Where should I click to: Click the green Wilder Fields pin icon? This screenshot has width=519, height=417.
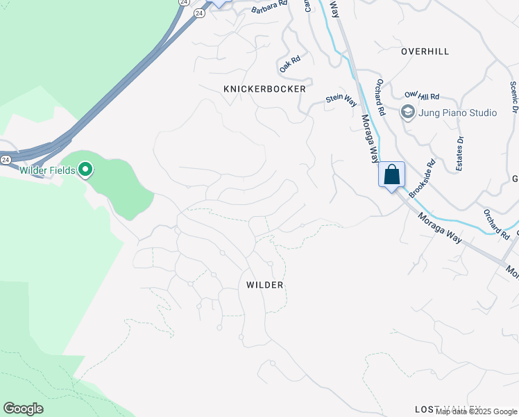(85, 170)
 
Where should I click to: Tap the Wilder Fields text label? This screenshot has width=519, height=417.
(47, 170)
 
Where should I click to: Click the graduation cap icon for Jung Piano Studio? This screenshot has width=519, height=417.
(407, 112)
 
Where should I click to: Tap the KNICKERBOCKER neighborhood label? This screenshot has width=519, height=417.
(264, 90)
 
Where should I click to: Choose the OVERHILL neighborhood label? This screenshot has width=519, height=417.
(425, 51)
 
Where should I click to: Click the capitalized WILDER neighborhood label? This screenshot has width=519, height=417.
(265, 285)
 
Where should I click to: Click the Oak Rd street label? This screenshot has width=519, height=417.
(289, 65)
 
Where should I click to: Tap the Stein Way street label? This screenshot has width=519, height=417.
(341, 100)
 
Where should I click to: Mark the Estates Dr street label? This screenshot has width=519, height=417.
(459, 149)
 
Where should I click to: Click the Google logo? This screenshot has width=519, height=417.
(23, 409)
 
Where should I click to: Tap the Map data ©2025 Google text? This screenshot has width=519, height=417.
(477, 411)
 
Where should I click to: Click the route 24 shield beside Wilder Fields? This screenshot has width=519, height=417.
(6, 159)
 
